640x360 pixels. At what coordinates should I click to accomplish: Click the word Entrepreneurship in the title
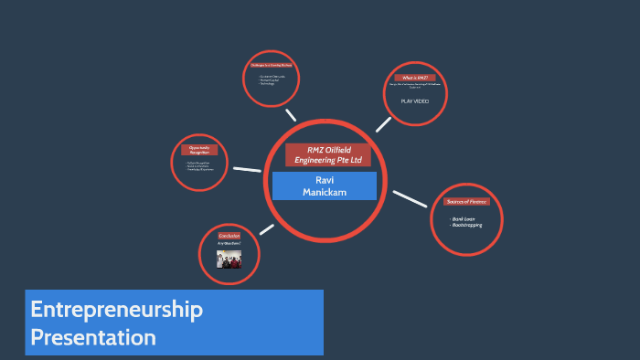tap(116, 310)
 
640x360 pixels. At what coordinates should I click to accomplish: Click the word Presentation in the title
tap(92, 337)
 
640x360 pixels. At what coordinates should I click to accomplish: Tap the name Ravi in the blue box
tap(324, 180)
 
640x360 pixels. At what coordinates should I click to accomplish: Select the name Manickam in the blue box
tap(324, 192)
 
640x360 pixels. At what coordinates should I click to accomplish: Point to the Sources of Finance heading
tap(466, 201)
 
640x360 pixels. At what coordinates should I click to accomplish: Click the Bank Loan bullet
tap(464, 219)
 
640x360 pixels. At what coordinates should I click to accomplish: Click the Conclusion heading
tap(229, 236)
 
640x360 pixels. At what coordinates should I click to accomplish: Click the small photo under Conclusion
tap(229, 259)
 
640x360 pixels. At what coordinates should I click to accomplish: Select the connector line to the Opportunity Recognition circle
tap(246, 169)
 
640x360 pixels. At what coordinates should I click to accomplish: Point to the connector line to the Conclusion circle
tap(266, 229)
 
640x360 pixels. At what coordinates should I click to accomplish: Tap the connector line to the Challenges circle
tap(291, 115)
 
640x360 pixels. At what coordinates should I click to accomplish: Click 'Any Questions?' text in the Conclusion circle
tap(229, 244)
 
